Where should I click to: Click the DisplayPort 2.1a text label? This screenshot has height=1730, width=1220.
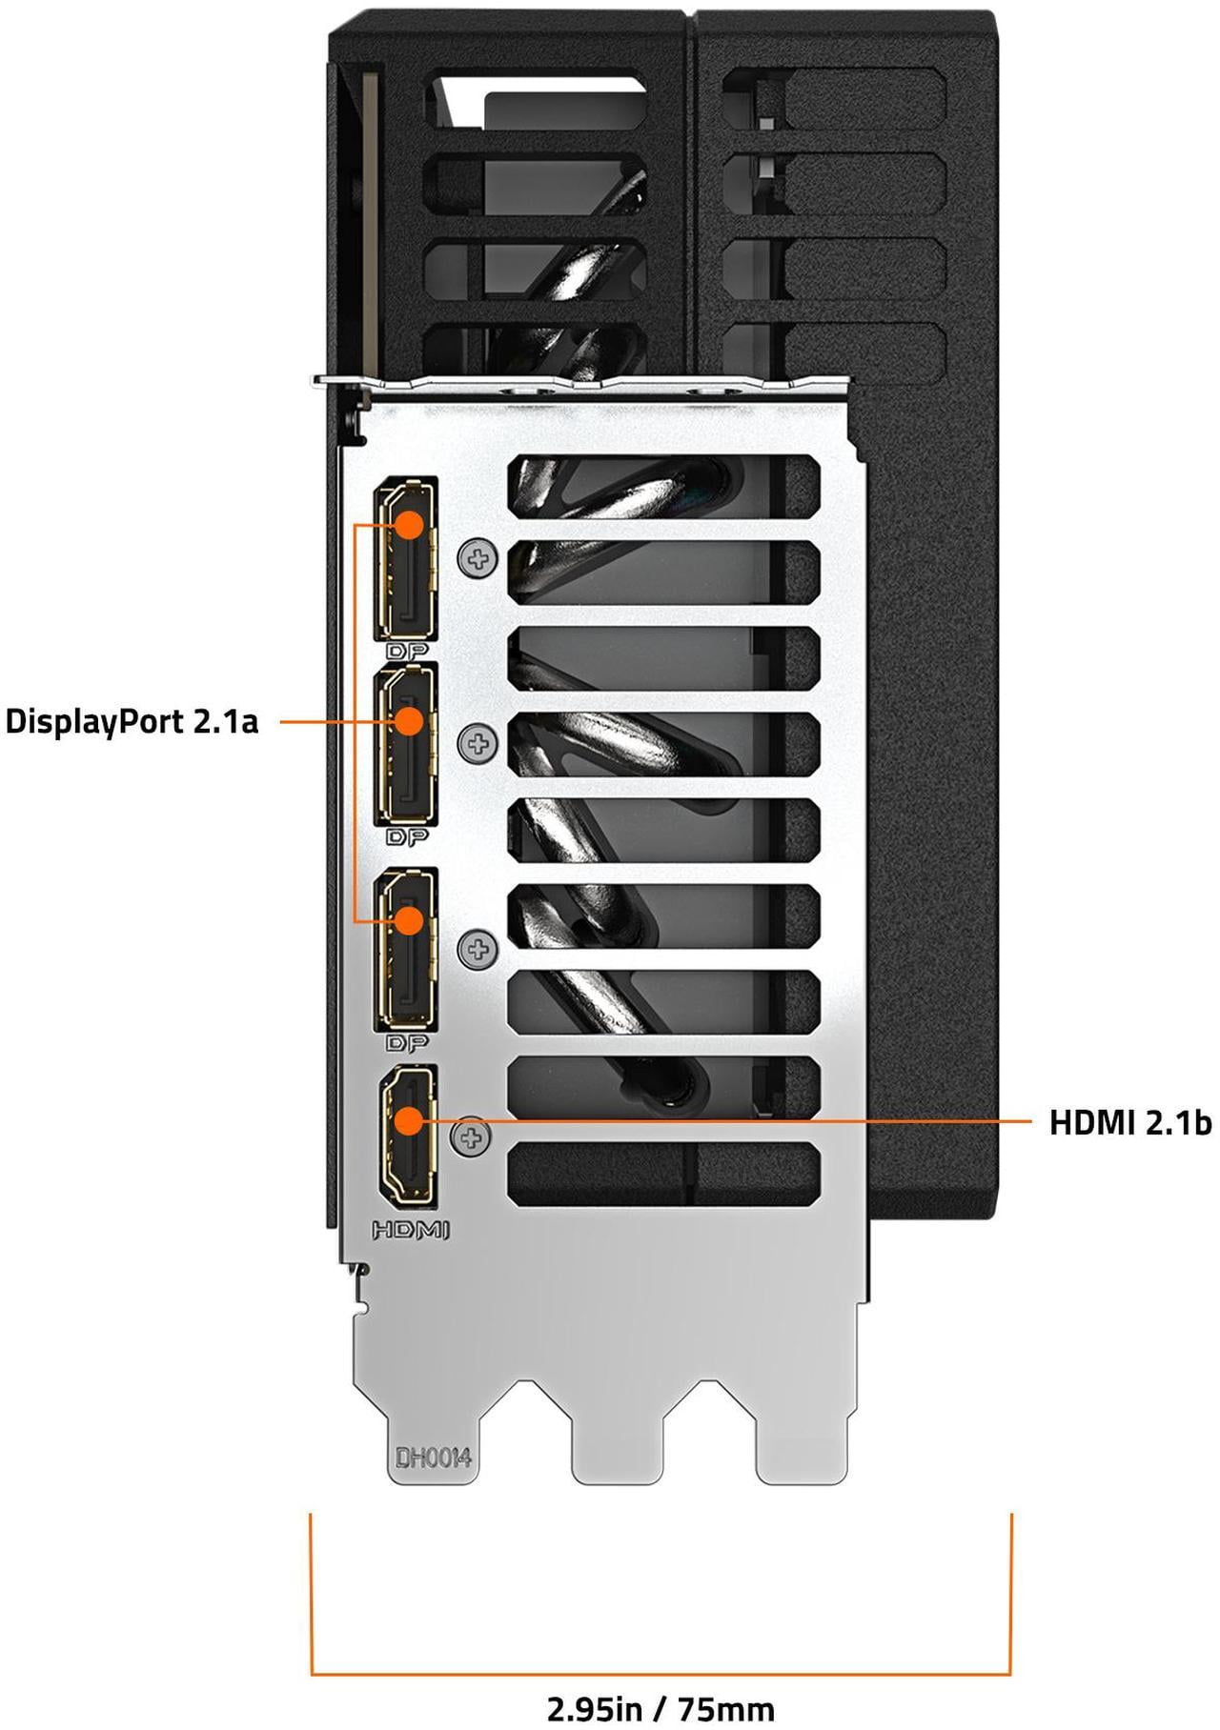(132, 721)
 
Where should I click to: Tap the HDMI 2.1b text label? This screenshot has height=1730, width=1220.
(1129, 1122)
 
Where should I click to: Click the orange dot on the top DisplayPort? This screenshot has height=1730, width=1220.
(409, 525)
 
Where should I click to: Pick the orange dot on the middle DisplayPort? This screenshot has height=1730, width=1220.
(408, 720)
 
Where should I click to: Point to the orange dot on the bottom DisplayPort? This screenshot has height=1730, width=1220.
(409, 920)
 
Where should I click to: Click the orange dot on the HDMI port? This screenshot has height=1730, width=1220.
(409, 1121)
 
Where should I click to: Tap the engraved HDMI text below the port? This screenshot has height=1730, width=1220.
(410, 1231)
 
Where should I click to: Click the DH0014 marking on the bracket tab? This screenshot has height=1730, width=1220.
(434, 1458)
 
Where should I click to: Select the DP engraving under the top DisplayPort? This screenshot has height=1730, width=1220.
(407, 652)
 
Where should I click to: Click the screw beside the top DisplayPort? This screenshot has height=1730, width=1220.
(478, 559)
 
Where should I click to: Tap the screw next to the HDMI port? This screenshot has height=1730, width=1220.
(471, 1137)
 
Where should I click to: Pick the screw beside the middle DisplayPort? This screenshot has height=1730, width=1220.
(478, 743)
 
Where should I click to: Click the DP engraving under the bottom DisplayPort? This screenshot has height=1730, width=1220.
(407, 1043)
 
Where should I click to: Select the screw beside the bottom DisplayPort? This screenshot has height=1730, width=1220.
(478, 949)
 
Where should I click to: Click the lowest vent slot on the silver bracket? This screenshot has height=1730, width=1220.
(664, 1173)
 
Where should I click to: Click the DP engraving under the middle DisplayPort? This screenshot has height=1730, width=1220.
(407, 837)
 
